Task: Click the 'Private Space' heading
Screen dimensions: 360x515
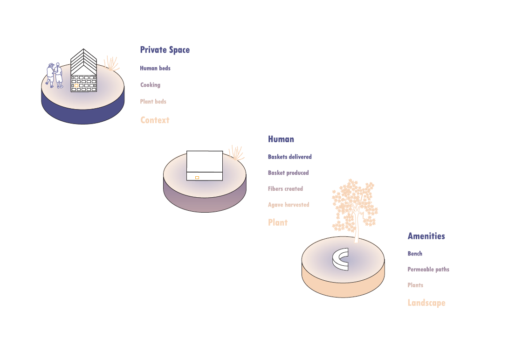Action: [x=165, y=50]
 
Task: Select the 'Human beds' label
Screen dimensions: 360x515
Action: [x=155, y=68]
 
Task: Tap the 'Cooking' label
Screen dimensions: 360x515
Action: [x=150, y=85]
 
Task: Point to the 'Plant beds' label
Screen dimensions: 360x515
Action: [x=153, y=101]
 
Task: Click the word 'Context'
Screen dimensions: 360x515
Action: [x=155, y=120]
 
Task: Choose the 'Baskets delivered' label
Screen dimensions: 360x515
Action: [x=289, y=157]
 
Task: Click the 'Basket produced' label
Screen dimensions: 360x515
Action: [x=288, y=173]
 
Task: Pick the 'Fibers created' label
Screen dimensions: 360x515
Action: [x=285, y=189]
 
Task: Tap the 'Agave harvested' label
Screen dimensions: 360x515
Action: [x=288, y=205]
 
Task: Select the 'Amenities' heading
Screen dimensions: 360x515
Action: [x=426, y=236]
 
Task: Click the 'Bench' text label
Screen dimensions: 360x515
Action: [x=415, y=254]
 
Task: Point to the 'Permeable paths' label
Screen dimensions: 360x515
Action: [x=428, y=270]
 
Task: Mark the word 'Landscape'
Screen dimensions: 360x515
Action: [x=426, y=303]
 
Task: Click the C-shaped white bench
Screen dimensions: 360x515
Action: [x=340, y=259]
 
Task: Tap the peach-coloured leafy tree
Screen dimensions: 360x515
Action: [x=354, y=205]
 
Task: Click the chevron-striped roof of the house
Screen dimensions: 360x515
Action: [x=83, y=61]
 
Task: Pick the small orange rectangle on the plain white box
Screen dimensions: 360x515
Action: [x=197, y=178]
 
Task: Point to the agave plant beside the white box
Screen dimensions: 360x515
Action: [x=236, y=153]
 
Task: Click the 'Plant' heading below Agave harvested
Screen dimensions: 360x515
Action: [x=278, y=223]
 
